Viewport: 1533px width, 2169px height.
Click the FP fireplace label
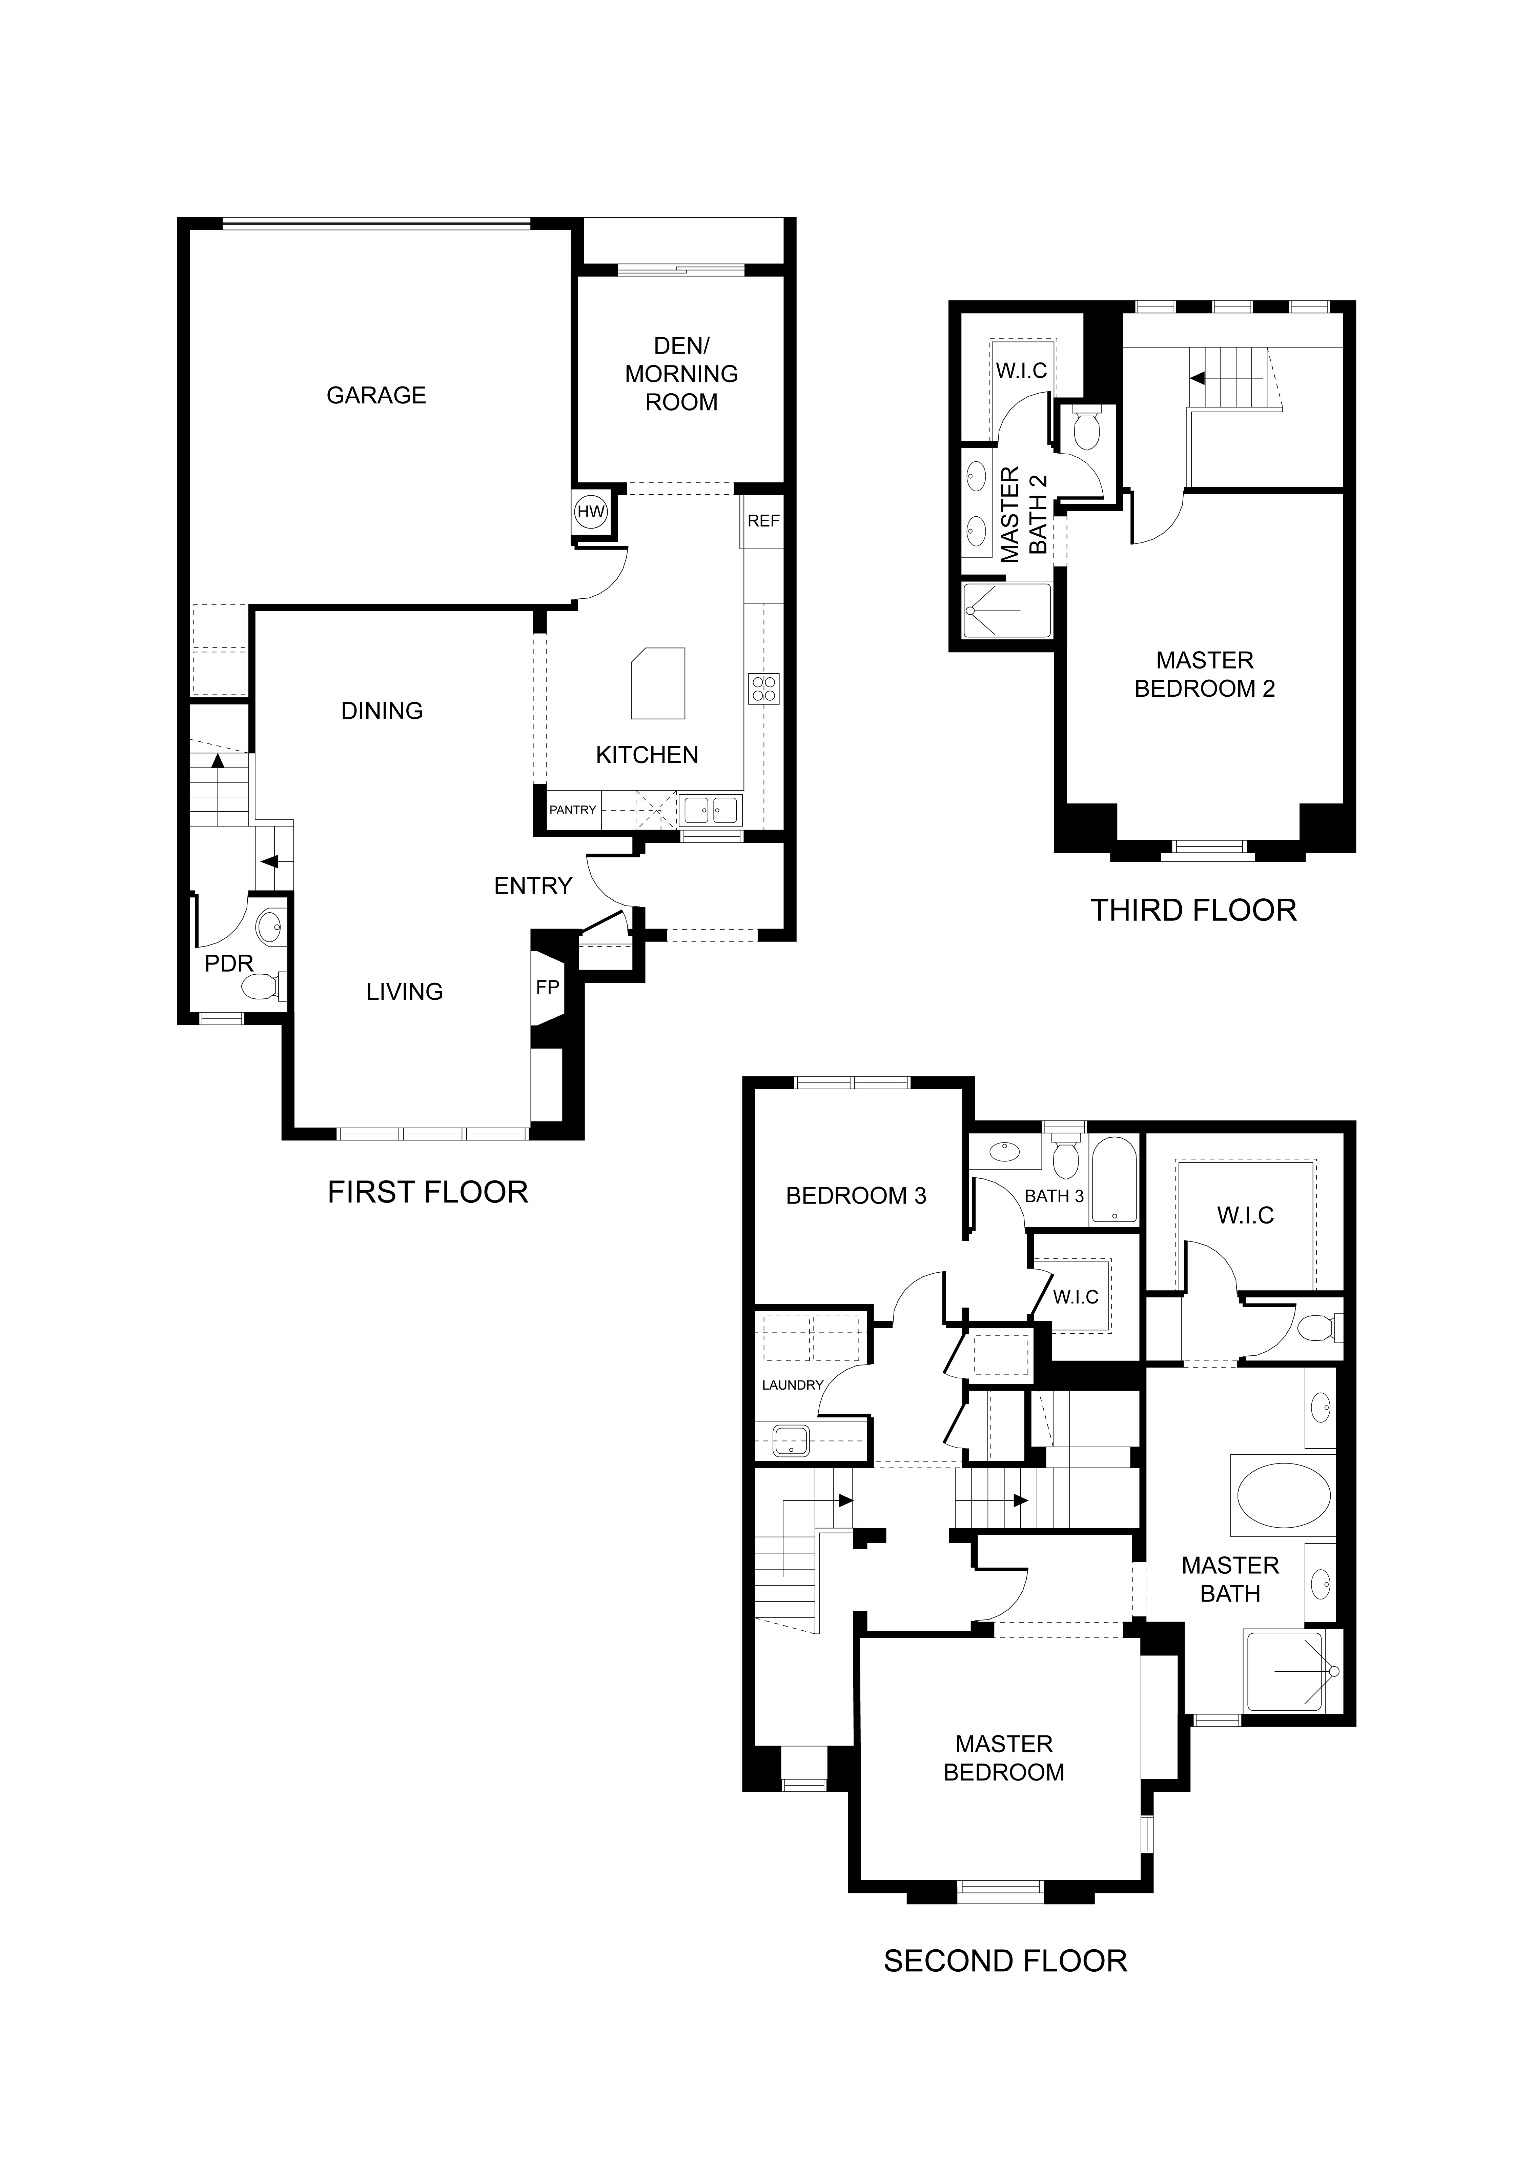coord(548,987)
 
